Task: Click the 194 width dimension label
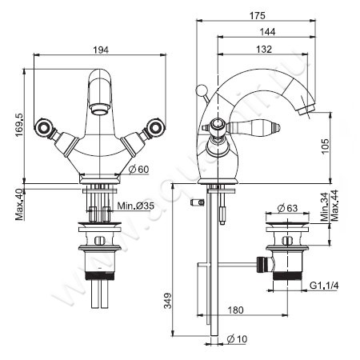(99, 50)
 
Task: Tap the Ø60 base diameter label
(138, 169)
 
